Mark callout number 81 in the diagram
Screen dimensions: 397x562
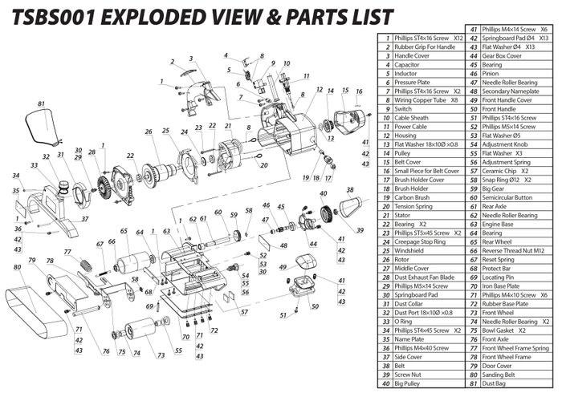[40, 104]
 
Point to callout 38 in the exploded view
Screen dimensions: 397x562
[350, 190]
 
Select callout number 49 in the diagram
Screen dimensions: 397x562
[282, 266]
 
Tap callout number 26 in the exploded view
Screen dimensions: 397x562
[149, 132]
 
